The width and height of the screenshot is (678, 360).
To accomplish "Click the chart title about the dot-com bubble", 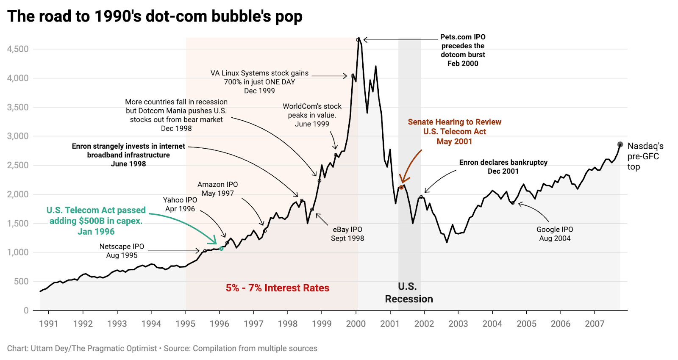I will [155, 17].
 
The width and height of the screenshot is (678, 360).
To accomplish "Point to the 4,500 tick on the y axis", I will [18, 49].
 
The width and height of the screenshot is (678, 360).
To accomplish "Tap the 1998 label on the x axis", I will [287, 324].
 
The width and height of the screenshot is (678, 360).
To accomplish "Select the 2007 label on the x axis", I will [595, 324].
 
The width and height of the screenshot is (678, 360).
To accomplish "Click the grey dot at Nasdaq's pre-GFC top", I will [620, 144].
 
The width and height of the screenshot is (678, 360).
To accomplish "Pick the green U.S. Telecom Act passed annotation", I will [96, 221].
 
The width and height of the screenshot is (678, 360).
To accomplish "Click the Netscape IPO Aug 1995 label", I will [122, 251].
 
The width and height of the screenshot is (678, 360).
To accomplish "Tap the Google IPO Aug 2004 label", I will [555, 234].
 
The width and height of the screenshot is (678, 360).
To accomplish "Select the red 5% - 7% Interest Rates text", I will [277, 288].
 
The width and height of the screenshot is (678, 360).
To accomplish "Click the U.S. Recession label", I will [408, 293].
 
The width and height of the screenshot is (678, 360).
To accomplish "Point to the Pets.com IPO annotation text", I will [463, 50].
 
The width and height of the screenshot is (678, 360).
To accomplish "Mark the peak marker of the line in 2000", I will [358, 40].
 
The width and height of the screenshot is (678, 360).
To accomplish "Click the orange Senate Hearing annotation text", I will [454, 131].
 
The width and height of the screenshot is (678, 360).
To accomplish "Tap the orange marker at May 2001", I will [401, 187].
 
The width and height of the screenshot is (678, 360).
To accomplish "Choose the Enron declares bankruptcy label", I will [503, 167].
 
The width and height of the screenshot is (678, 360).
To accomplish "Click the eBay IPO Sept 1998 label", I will [347, 234].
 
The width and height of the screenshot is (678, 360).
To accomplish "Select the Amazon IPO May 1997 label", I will [217, 189].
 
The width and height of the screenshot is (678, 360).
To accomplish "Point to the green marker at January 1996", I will [221, 249].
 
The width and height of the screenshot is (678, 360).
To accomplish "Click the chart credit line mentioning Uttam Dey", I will [162, 349].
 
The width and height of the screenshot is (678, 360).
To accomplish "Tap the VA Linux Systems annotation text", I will [259, 82].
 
